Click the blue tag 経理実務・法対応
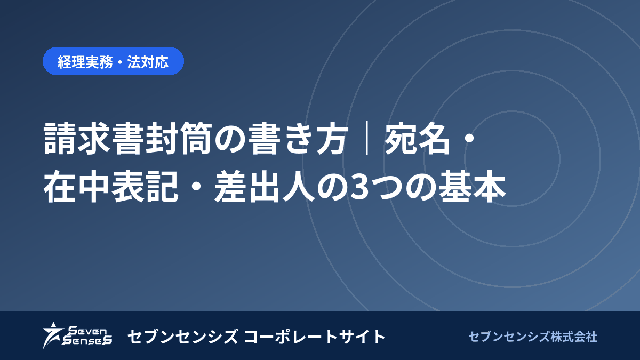click(x=113, y=61)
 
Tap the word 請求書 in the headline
click(x=93, y=138)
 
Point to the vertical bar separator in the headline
click(x=366, y=138)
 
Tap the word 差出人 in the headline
click(x=265, y=186)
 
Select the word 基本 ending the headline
click(x=473, y=186)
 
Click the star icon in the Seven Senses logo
click(x=53, y=335)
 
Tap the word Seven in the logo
click(x=87, y=331)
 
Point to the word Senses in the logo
click(x=87, y=340)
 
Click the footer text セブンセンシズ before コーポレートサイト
click(x=183, y=337)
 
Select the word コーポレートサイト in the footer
click(x=315, y=337)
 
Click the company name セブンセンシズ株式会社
click(x=533, y=337)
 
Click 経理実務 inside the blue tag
click(x=85, y=61)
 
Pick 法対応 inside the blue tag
click(x=148, y=61)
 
